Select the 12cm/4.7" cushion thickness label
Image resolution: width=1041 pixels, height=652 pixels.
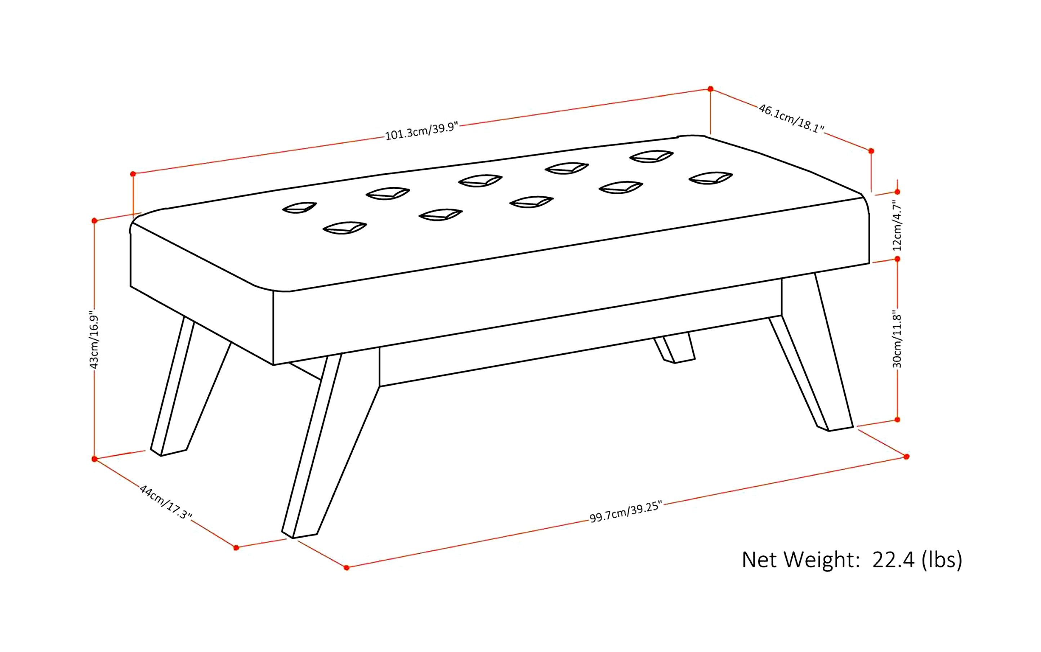[897, 225]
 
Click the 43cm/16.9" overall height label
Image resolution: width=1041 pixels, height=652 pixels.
[94, 339]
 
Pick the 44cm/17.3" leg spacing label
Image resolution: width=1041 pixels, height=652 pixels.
[165, 501]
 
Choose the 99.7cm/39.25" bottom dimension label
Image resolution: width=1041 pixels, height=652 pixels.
[625, 512]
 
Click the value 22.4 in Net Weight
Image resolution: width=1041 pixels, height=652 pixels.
[893, 560]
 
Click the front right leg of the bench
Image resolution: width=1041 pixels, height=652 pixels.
[815, 354]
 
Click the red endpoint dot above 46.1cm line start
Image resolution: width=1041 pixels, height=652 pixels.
[710, 89]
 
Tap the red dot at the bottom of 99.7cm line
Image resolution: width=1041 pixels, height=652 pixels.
[346, 567]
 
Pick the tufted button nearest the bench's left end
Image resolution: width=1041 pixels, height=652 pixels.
[299, 208]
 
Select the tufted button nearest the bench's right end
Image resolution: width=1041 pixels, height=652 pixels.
[710, 178]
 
